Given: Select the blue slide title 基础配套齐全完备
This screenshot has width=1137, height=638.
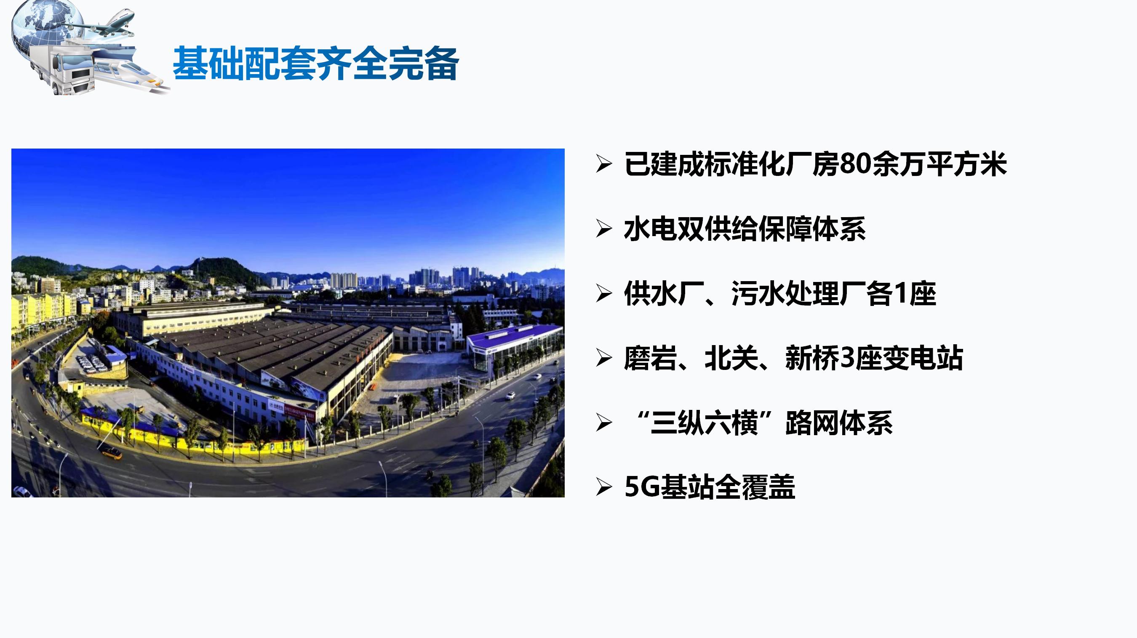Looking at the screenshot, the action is point(315,64).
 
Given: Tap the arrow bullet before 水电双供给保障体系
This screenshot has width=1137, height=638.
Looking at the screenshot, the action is point(604,229).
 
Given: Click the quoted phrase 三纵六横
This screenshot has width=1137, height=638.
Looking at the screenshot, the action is point(704,423).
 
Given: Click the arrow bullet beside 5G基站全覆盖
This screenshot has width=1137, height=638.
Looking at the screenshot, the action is point(604,487).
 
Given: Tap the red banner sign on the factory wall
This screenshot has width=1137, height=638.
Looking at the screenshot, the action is point(300,412).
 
